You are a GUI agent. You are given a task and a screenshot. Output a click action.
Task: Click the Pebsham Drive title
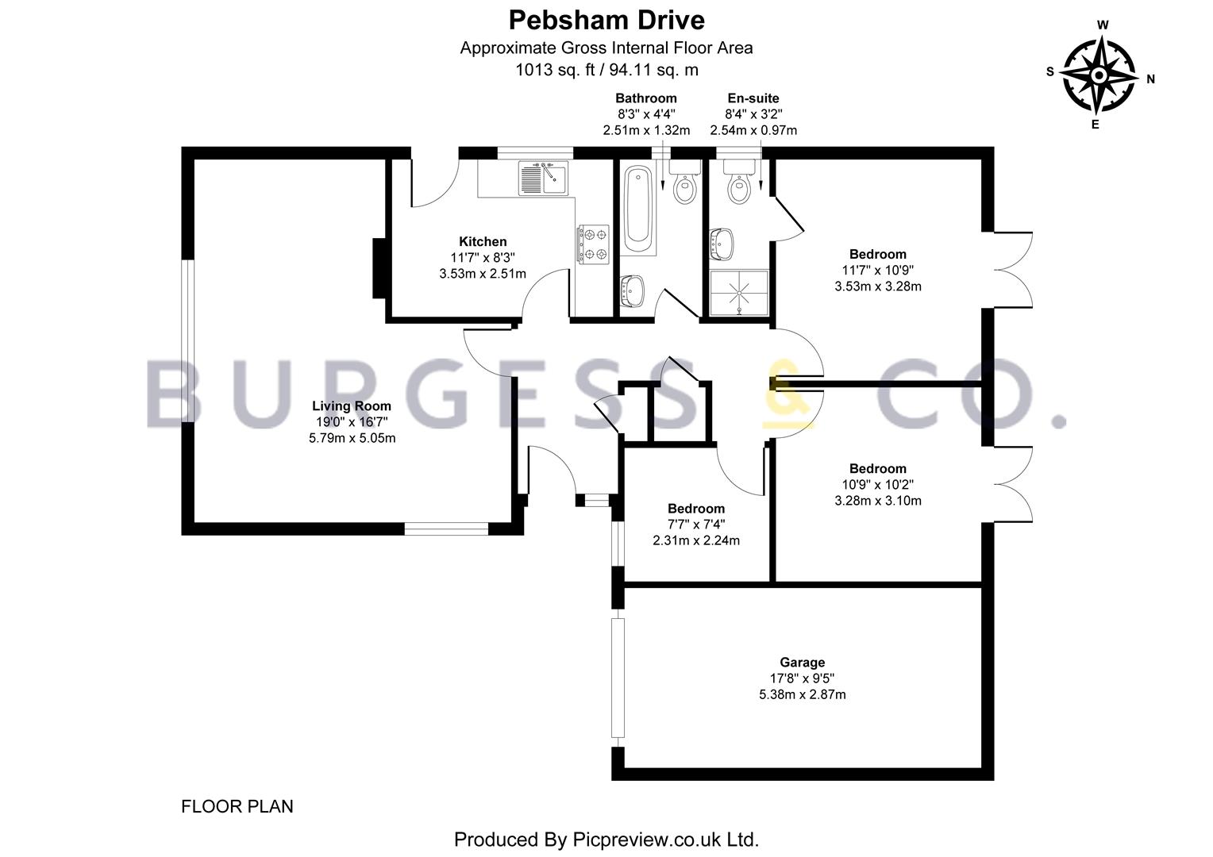(x=606, y=21)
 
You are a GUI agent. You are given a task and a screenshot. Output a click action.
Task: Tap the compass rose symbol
(x=1099, y=75)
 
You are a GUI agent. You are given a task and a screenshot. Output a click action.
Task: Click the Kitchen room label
(x=483, y=241)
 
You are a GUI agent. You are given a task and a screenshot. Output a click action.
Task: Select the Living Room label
(x=352, y=406)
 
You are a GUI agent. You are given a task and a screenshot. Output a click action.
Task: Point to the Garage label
(x=802, y=663)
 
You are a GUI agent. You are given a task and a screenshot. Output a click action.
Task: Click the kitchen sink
(x=543, y=178)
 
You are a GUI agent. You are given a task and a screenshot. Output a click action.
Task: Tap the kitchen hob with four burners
(x=593, y=244)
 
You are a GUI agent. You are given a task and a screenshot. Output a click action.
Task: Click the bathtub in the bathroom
(x=638, y=210)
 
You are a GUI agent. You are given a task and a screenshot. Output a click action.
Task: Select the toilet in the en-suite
(x=739, y=182)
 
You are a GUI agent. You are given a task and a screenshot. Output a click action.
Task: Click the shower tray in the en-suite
(x=739, y=293)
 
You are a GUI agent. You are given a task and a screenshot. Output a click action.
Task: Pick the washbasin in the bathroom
(x=631, y=290)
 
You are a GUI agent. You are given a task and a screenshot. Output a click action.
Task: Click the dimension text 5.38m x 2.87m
(x=802, y=694)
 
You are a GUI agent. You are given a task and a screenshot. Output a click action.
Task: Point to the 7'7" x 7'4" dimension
(x=696, y=525)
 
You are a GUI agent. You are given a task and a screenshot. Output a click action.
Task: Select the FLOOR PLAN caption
(x=237, y=807)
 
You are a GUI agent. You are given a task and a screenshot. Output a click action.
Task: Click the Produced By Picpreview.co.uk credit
(x=606, y=840)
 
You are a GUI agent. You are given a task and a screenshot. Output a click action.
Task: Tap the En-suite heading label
(x=753, y=98)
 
